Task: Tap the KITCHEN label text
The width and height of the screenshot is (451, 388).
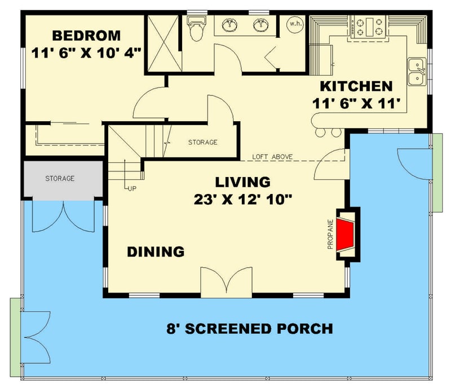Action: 356,86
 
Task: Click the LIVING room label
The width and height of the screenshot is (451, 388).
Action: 243,182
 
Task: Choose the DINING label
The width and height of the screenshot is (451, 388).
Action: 155,252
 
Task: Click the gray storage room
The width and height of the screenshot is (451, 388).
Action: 60,179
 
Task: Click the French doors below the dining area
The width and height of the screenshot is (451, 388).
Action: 227,281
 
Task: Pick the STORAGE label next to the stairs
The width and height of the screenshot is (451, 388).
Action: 202,143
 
